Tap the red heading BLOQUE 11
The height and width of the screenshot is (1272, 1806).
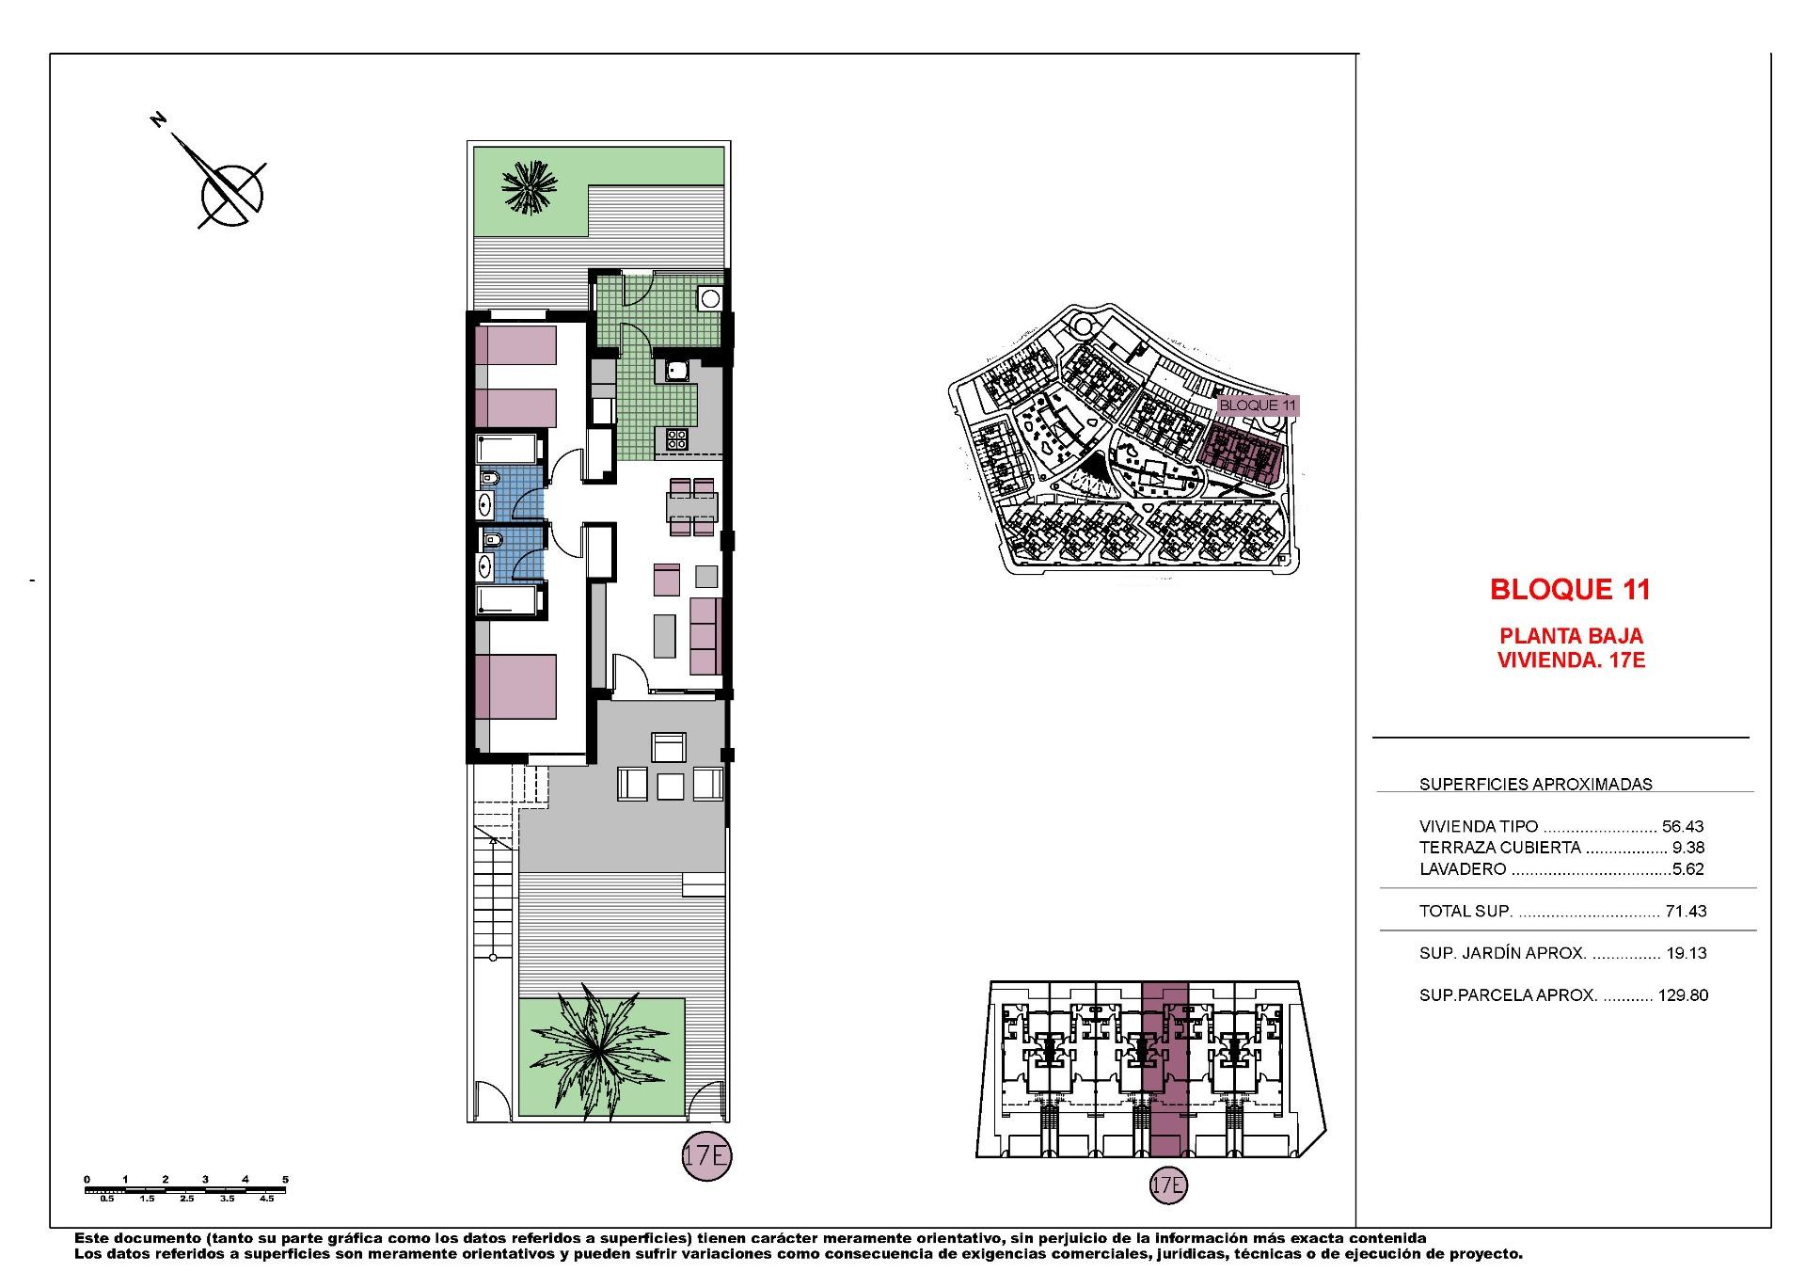click(x=1570, y=590)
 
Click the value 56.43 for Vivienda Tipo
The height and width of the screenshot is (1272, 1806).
click(x=1683, y=826)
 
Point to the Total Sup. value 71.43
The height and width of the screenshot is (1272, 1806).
click(x=1685, y=911)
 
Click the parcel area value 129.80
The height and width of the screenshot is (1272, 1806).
click(x=1683, y=994)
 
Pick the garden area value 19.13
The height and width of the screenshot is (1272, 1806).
click(x=1686, y=953)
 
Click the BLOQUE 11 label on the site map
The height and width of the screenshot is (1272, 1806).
click(x=1258, y=405)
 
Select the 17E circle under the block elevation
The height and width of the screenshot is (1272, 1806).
click(x=1167, y=1185)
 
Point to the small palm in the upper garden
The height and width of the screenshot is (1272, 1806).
click(x=529, y=188)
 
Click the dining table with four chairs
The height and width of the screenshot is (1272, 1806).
click(x=691, y=506)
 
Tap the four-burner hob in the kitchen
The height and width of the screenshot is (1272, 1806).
click(x=677, y=437)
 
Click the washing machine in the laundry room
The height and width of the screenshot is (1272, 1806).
click(x=710, y=299)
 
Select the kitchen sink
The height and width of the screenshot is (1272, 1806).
click(x=676, y=370)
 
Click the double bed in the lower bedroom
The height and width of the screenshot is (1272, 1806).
click(x=515, y=686)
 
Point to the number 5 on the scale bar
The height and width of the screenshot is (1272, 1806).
click(x=285, y=1179)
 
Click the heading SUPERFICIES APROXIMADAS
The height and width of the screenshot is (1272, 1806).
click(x=1535, y=784)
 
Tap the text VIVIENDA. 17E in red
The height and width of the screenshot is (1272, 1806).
click(x=1571, y=660)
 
